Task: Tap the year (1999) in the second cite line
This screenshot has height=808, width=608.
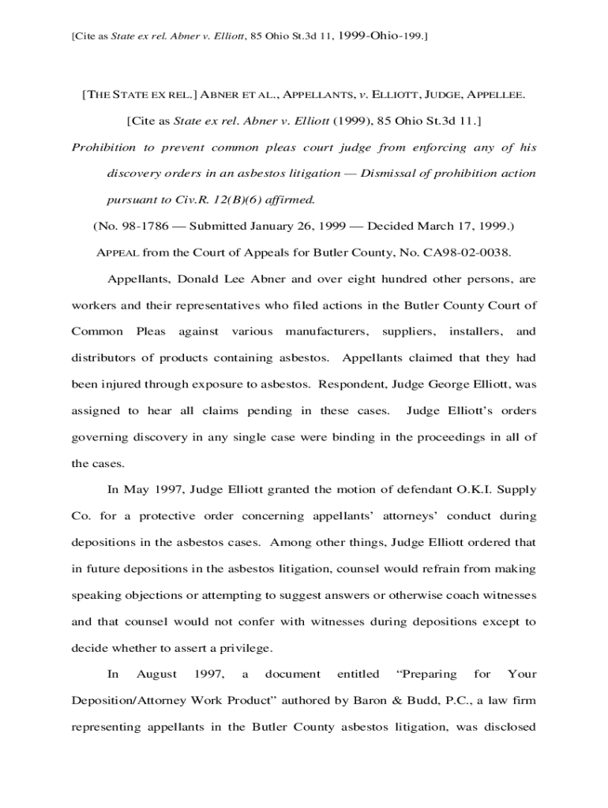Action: (x=348, y=121)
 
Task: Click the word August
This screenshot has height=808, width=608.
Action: (x=156, y=674)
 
